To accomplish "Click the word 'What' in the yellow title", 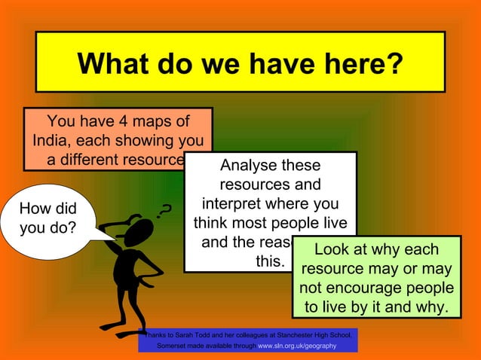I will [111, 63].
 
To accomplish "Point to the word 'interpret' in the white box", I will [234, 205].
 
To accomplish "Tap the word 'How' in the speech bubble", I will [35, 209].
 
